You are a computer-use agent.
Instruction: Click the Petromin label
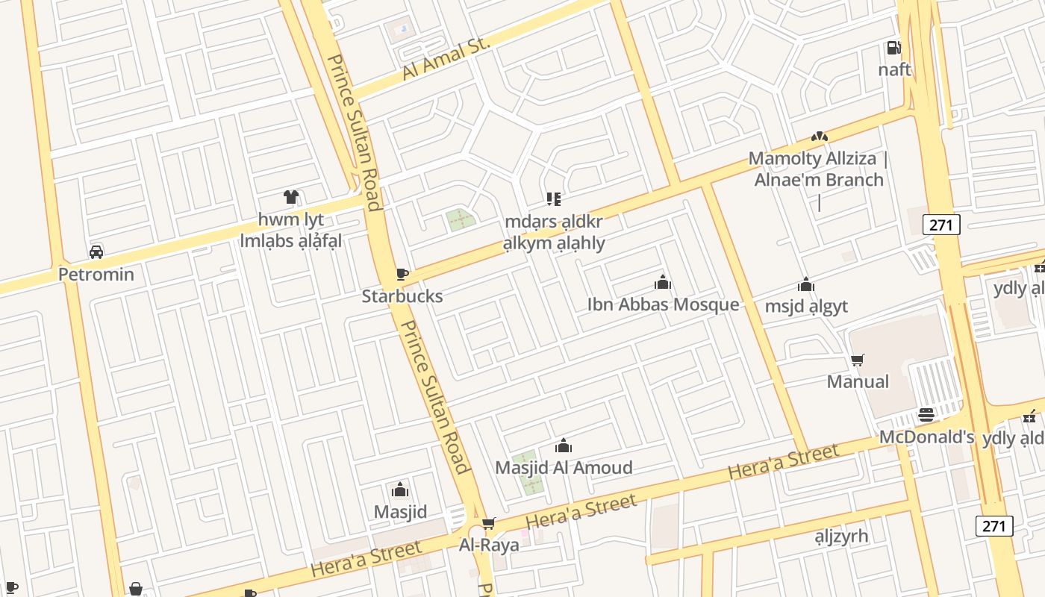96,274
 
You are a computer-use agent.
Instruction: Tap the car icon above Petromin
96,251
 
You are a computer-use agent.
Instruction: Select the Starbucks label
402,296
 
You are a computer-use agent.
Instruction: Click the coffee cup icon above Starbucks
402,274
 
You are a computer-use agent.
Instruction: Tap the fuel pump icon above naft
893,49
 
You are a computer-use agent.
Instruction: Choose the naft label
894,69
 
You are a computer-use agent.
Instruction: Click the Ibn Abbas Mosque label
663,304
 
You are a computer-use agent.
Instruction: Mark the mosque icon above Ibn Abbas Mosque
663,282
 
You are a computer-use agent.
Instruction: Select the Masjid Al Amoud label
564,468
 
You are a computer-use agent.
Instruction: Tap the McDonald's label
926,437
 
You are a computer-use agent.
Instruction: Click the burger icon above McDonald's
926,415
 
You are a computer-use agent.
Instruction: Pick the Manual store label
858,382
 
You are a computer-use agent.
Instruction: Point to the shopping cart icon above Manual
858,360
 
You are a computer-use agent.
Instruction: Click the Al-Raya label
489,545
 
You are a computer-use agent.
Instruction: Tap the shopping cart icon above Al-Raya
489,524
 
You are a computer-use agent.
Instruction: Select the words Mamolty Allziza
811,159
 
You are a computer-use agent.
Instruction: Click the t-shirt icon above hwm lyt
291,197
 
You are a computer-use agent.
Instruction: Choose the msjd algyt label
806,307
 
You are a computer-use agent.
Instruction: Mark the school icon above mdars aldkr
553,199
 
